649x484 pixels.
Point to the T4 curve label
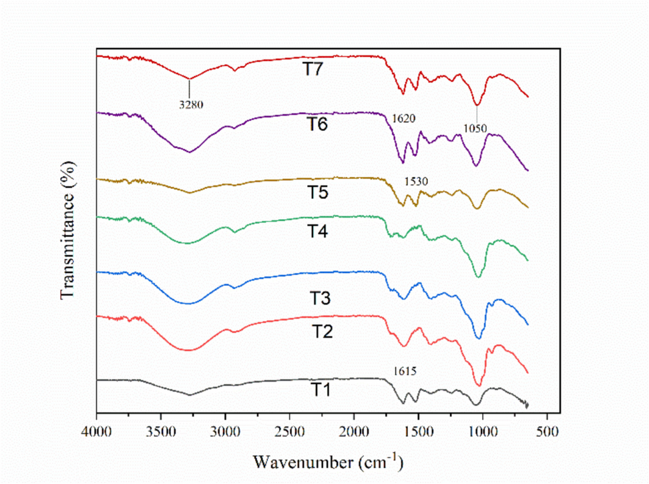click(320, 230)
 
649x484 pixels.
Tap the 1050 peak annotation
click(476, 128)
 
